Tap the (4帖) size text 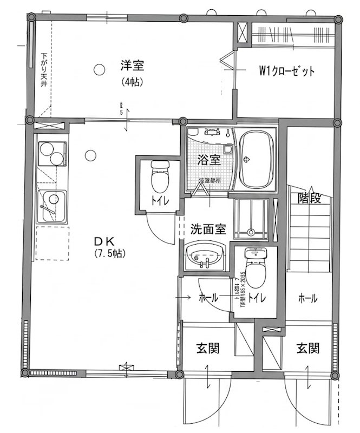click(x=132, y=83)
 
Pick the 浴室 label click(x=209, y=160)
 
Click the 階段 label click(x=310, y=198)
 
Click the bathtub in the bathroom click(x=256, y=160)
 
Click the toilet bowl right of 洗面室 click(x=255, y=267)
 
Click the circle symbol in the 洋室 click(x=98, y=69)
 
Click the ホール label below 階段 click(x=307, y=298)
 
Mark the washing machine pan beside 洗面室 click(x=252, y=218)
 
